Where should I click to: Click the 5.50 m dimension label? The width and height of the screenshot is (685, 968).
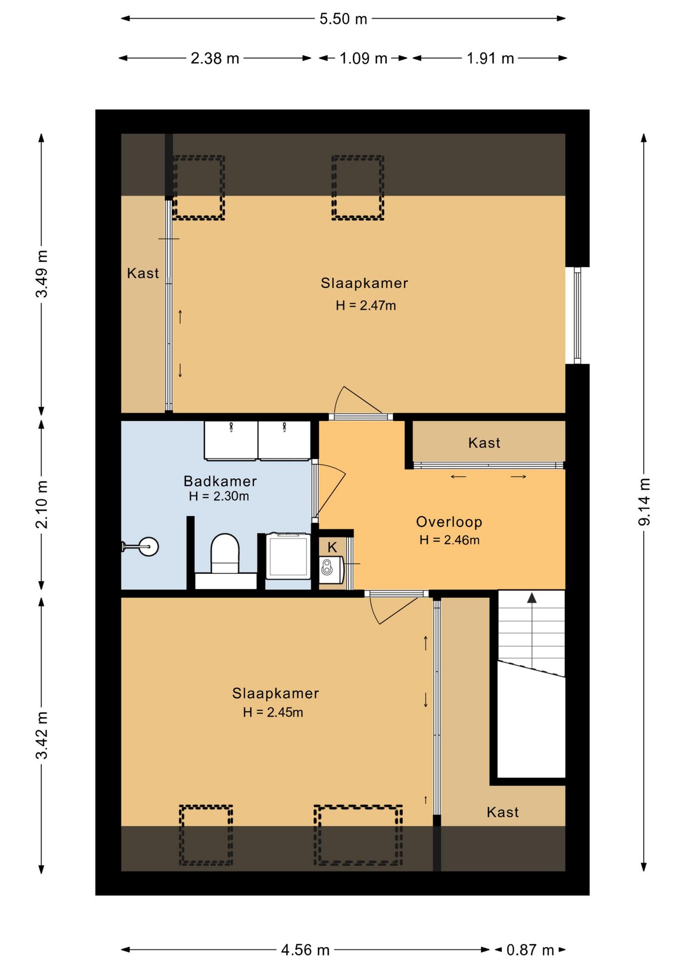coord(343,19)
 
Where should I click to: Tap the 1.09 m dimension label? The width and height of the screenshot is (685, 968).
coord(363,58)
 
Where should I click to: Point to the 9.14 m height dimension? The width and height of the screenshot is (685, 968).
coord(644,502)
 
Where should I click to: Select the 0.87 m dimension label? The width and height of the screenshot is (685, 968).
coord(530,950)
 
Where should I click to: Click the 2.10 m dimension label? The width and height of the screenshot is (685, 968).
coord(42,504)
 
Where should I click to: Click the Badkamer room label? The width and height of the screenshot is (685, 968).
coord(220,481)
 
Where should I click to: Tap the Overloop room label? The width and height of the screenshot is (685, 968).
coord(449,522)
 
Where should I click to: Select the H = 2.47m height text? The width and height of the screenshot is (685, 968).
coord(366,306)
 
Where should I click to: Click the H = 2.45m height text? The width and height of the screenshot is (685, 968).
coord(273,712)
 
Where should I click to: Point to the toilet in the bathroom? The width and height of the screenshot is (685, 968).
coord(225,554)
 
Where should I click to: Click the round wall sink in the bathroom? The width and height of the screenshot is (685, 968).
coord(148,547)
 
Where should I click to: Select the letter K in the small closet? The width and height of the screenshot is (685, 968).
coord(332,547)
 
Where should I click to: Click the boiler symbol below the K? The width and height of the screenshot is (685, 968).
coord(331,569)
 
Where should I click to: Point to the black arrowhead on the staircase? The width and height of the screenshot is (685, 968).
coord(532,598)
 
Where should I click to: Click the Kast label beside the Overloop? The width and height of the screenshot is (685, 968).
coord(484,443)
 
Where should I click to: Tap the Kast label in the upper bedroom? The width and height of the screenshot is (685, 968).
coord(143,273)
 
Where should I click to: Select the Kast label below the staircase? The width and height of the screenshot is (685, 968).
coord(502,812)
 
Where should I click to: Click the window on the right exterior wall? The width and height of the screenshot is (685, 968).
coord(577,315)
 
